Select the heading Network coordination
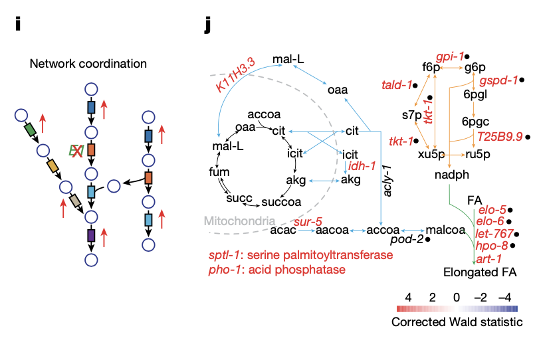[x=88, y=64]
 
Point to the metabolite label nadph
[x=451, y=177]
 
